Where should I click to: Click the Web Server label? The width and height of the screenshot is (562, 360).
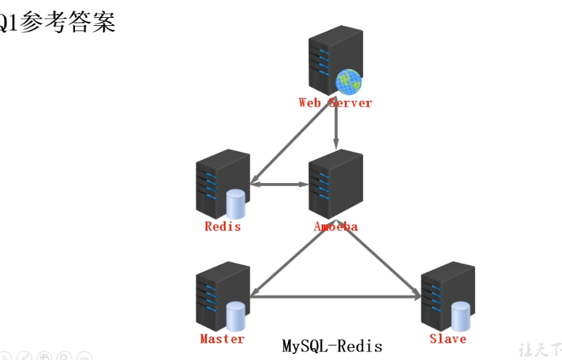(x=335, y=103)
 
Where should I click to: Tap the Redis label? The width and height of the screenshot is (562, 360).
(x=222, y=227)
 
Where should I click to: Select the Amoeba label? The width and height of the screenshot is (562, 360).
(x=336, y=227)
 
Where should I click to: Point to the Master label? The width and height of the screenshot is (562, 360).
(x=222, y=339)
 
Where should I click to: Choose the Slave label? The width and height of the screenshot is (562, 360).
(x=448, y=339)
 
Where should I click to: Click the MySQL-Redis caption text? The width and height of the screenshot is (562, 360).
(x=332, y=346)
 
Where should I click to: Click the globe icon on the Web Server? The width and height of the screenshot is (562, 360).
(x=348, y=82)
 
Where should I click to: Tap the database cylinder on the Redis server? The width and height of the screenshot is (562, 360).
(x=235, y=204)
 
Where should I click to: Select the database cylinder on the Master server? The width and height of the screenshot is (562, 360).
(x=235, y=316)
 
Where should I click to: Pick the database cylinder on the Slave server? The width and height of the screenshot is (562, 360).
(x=460, y=316)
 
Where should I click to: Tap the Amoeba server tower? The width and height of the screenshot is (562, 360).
(x=336, y=183)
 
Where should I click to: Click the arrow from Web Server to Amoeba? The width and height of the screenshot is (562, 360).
(x=336, y=126)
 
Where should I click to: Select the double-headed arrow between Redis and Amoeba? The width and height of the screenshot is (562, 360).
(x=279, y=184)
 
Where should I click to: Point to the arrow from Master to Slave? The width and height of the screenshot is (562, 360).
(x=335, y=297)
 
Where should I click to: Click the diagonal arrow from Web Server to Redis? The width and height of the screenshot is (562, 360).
(x=292, y=143)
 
